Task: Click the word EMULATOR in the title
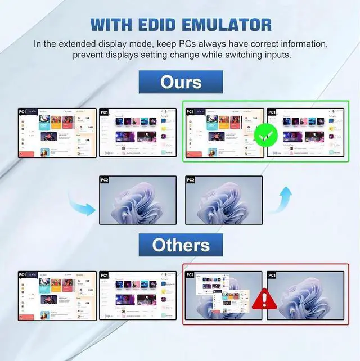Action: pyautogui.click(x=236, y=25)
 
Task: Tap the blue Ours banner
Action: pyautogui.click(x=181, y=82)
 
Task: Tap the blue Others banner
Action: pyautogui.click(x=181, y=245)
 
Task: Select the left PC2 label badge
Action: pyautogui.click(x=105, y=180)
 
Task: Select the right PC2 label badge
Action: pyautogui.click(x=191, y=180)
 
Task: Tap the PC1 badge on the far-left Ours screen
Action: pyautogui.click(x=23, y=112)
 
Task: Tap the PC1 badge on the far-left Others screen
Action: pyautogui.click(x=23, y=275)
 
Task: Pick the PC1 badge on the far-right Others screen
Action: pyautogui.click(x=272, y=275)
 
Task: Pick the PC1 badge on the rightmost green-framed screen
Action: pyautogui.click(x=272, y=112)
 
